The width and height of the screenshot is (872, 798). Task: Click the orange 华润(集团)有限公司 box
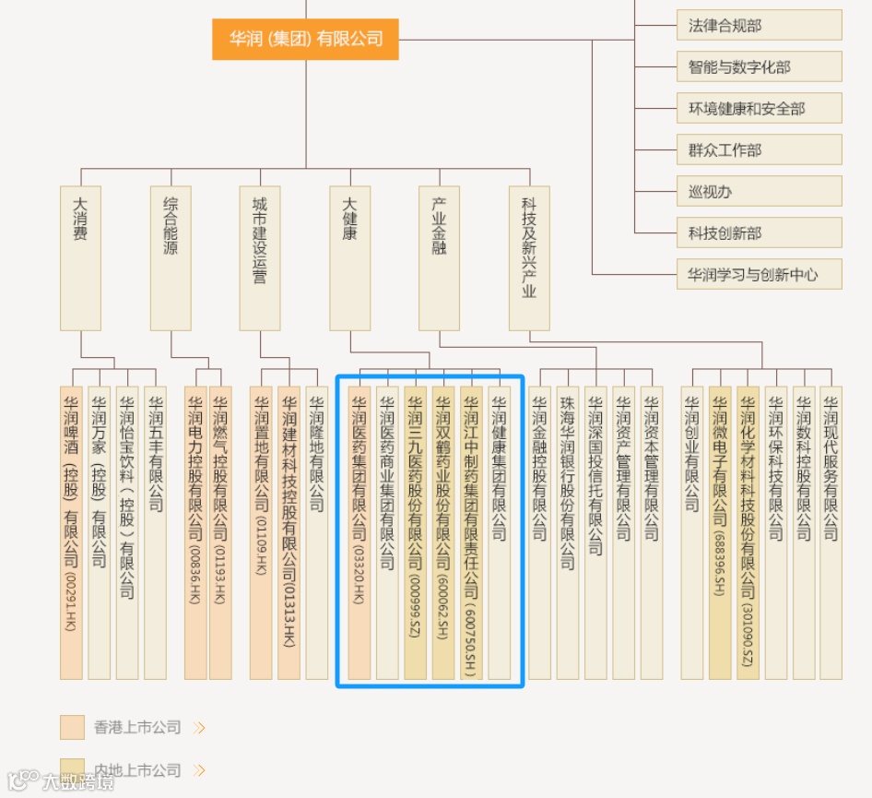tap(305, 39)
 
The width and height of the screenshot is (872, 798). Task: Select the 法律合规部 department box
tap(759, 26)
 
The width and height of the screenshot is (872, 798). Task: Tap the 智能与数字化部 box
tap(759, 67)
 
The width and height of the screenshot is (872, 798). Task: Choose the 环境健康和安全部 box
tap(759, 109)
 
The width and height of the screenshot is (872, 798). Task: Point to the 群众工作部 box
tap(759, 150)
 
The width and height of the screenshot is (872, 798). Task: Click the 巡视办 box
tap(759, 192)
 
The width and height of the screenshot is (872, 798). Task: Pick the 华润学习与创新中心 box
tap(759, 274)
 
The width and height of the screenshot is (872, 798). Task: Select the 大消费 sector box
tap(80, 258)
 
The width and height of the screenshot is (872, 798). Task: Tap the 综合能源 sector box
tap(171, 258)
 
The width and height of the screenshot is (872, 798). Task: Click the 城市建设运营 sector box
tap(260, 258)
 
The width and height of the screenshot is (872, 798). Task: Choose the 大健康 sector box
tap(350, 258)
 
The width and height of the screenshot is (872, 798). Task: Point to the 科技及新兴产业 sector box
tap(529, 258)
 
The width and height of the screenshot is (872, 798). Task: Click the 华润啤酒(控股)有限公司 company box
tap(71, 532)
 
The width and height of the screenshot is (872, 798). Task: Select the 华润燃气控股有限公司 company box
tap(220, 532)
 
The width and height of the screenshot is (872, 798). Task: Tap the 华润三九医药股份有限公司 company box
tap(415, 532)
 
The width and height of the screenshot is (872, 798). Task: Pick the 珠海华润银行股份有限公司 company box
tap(567, 532)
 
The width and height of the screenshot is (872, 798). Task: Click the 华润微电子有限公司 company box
tap(720, 532)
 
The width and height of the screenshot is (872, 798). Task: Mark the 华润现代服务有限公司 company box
tap(831, 532)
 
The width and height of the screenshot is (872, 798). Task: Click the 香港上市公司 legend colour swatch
tap(72, 727)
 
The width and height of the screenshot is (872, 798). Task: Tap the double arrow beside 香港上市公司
tap(199, 728)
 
